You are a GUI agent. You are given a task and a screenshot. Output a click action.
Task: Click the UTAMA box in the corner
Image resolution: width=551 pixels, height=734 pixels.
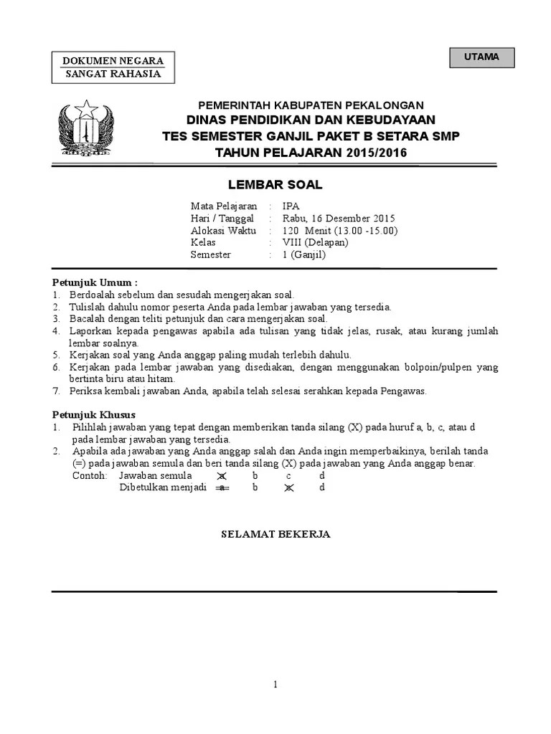coord(481,57)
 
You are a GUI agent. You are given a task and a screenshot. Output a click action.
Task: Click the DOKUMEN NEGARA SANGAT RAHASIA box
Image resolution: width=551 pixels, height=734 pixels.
coord(114,67)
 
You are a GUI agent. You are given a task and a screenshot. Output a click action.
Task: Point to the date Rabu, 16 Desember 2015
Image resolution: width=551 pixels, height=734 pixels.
coord(338,219)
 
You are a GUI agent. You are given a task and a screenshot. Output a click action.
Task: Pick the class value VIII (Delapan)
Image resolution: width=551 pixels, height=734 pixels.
coord(315,242)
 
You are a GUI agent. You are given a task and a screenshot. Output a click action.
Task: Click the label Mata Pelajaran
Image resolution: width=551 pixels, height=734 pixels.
coord(223,206)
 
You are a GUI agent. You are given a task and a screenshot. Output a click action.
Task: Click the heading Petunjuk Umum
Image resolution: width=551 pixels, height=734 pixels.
coord(95,282)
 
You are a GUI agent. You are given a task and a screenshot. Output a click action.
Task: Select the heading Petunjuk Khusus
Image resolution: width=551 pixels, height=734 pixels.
coord(94,415)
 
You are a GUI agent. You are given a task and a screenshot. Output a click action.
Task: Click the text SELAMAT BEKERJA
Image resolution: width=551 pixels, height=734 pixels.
coord(275,534)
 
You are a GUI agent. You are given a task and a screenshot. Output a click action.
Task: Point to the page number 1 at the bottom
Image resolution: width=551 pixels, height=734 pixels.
coord(275,685)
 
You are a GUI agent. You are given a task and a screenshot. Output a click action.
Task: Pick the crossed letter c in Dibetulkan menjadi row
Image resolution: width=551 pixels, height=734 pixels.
coord(288,488)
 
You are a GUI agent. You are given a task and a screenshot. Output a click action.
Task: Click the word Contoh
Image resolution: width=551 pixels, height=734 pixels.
coord(90,476)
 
